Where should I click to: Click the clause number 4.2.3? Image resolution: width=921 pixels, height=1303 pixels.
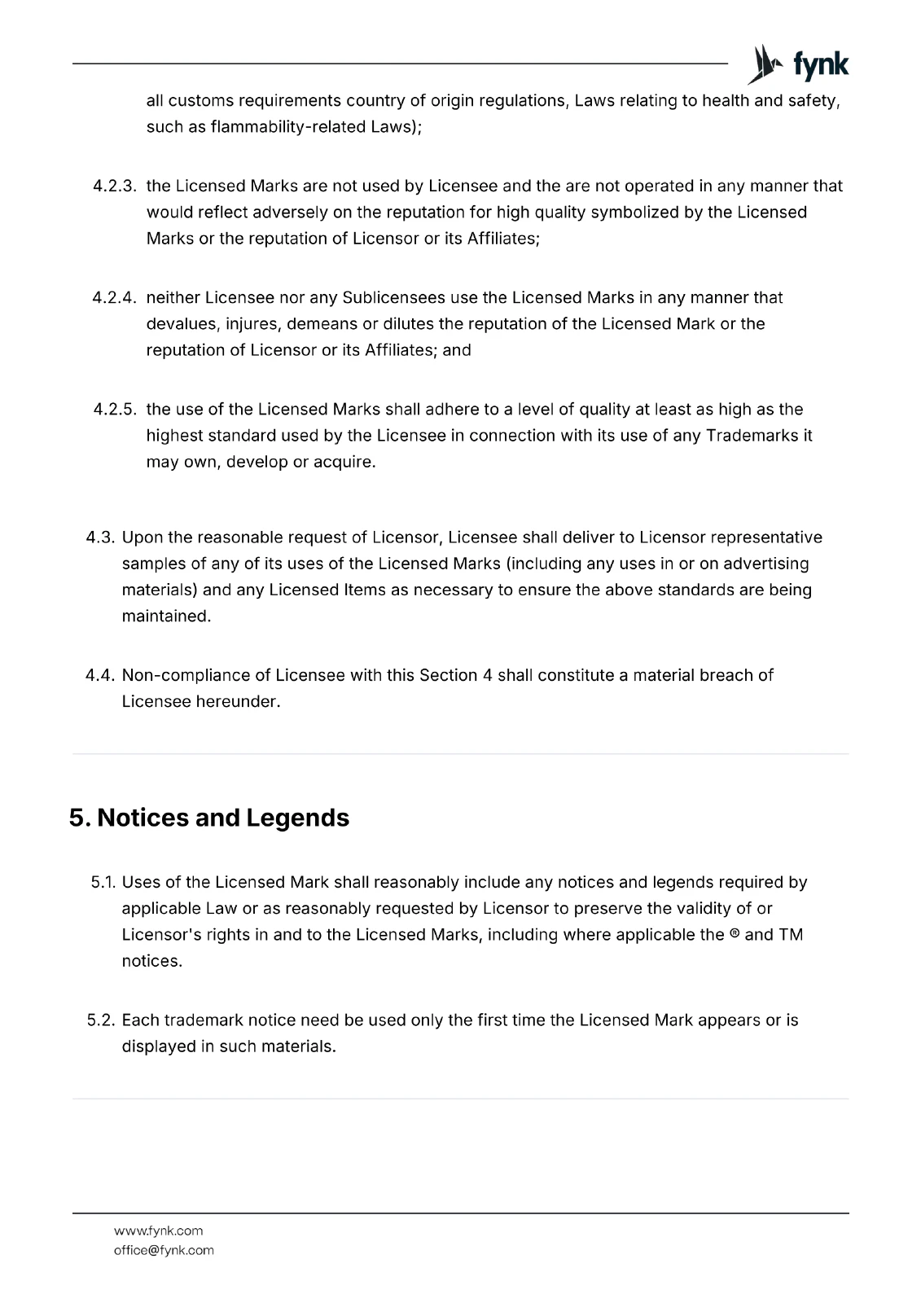(x=114, y=186)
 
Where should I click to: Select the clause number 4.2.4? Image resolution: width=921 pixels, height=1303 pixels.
(x=114, y=297)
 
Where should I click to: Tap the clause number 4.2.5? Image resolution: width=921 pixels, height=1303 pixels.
(x=114, y=409)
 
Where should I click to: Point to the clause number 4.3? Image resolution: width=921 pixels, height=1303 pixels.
(x=101, y=537)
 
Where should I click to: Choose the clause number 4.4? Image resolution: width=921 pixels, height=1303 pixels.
(x=101, y=675)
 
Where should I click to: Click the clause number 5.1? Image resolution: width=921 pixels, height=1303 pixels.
(x=103, y=882)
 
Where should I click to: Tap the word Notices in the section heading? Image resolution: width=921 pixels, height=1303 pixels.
(x=143, y=818)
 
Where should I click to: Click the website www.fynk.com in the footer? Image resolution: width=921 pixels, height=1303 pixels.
(x=158, y=1231)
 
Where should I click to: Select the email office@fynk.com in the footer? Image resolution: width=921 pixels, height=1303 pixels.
(x=164, y=1250)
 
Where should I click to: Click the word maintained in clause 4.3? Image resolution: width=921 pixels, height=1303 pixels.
(x=166, y=616)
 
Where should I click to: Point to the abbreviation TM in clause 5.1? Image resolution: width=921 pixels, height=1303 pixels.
(x=791, y=934)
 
